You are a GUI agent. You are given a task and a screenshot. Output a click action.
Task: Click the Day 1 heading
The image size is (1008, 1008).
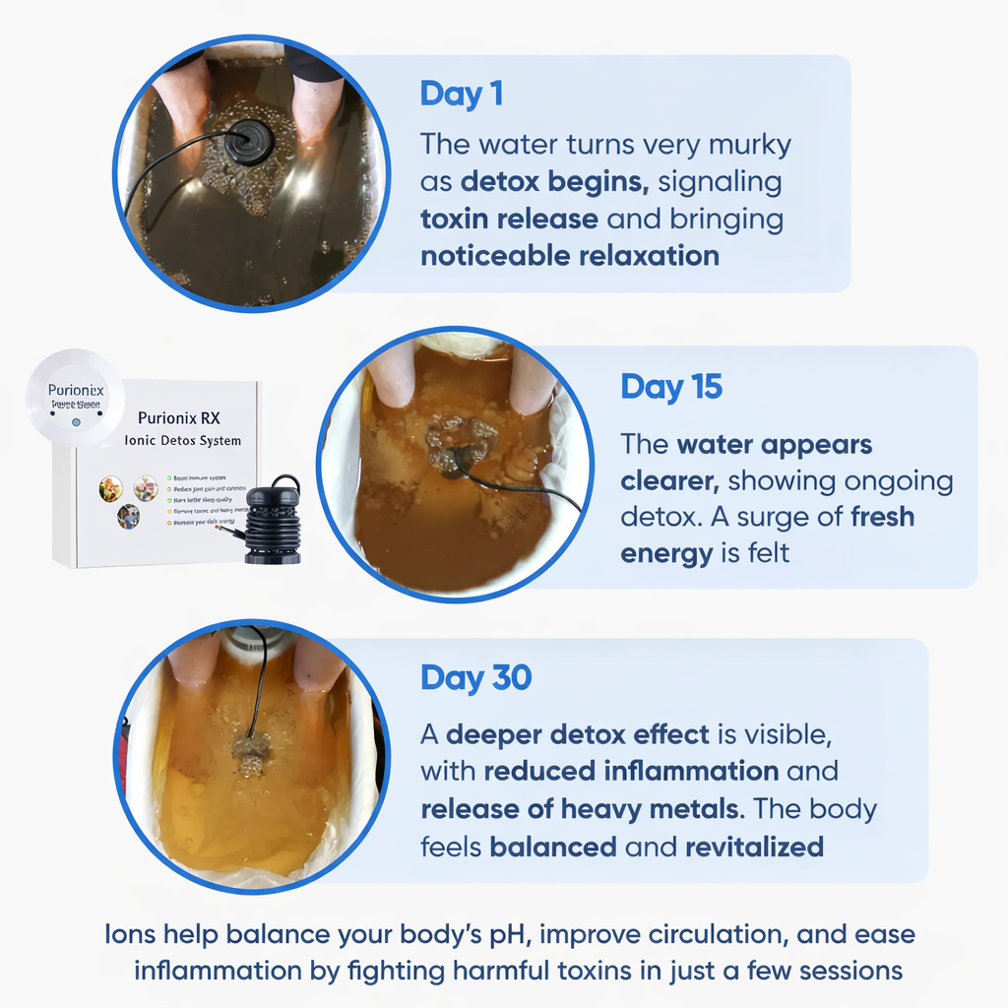point(461,94)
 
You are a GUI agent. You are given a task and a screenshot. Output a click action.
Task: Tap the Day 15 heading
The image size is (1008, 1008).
point(670,387)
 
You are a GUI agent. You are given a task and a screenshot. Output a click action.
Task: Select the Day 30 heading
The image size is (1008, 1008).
point(475,677)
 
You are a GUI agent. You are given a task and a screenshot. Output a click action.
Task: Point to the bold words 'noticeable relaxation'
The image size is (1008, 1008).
point(570,256)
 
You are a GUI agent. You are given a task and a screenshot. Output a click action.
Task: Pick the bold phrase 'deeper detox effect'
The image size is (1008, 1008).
point(577,734)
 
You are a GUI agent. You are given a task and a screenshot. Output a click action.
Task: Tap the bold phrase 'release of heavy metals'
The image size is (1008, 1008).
point(581,809)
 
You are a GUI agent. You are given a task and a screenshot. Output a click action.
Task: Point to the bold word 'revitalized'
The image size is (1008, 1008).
point(754,847)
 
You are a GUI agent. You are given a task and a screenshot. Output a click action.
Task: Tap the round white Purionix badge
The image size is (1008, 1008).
point(75,396)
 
